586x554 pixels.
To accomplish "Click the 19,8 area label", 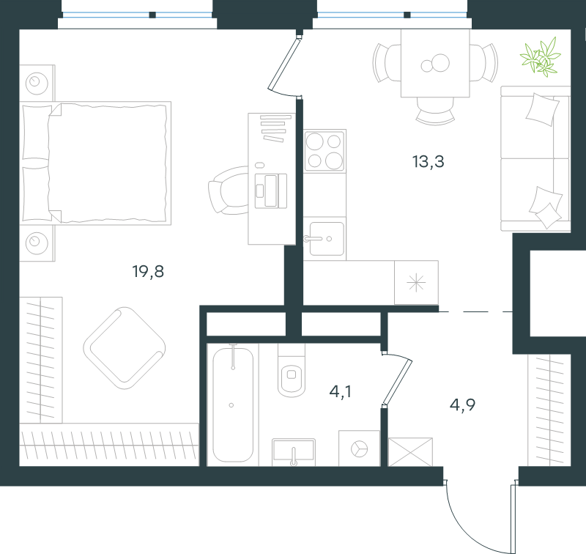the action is click(148, 271).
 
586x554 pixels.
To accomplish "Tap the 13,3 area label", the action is click(428, 162).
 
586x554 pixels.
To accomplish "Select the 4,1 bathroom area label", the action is click(340, 391).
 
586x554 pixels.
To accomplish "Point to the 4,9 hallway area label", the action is click(462, 405).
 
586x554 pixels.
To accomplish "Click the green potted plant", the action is click(541, 57).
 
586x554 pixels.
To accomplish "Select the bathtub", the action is click(233, 405).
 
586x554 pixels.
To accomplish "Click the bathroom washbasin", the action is click(294, 452).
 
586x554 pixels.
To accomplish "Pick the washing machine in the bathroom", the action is click(359, 448).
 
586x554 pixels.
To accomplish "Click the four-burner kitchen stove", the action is click(324, 151).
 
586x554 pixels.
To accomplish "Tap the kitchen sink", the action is click(324, 238).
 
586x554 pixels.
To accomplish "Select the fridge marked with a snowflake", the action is click(416, 283).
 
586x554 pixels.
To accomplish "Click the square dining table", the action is click(435, 63).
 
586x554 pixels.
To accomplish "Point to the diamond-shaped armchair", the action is click(125, 348).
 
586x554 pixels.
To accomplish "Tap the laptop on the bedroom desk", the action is click(271, 191).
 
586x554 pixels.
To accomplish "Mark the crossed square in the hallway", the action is click(410, 452).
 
